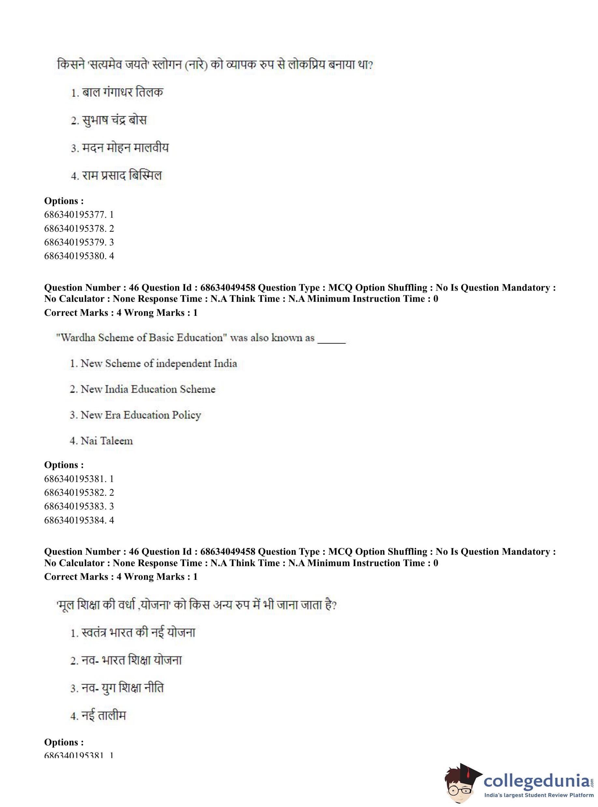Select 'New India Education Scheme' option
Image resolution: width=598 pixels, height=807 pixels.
click(143, 389)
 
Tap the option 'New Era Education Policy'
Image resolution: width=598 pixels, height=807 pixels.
click(135, 415)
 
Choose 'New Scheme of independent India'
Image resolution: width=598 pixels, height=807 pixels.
click(153, 363)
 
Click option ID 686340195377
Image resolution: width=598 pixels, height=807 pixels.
click(79, 214)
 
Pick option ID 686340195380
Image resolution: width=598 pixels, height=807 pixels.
click(79, 256)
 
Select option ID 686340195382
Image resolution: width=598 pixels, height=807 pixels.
click(79, 492)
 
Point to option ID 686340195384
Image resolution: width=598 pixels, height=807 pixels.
click(79, 520)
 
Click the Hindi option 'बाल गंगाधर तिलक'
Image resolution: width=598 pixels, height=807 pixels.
click(117, 92)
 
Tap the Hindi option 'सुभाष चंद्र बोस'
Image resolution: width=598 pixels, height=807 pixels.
click(108, 120)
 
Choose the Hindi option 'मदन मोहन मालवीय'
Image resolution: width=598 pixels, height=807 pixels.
click(120, 148)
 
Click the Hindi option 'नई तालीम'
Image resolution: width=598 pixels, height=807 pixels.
click(98, 716)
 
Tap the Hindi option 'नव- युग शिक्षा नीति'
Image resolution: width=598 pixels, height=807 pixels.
click(117, 688)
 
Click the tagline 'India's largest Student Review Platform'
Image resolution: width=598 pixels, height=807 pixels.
click(539, 795)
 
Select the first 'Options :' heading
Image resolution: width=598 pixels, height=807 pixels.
click(64, 201)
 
